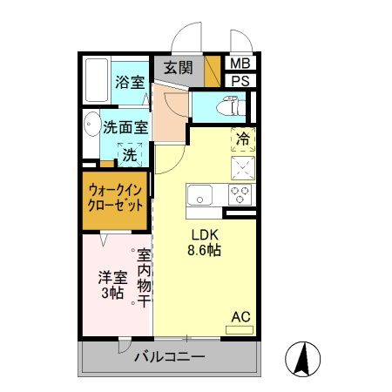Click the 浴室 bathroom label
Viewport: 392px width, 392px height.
(x=130, y=84)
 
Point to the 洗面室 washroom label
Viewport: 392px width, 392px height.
(x=125, y=126)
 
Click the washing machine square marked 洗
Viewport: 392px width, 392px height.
(x=129, y=156)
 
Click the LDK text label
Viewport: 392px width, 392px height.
(x=206, y=234)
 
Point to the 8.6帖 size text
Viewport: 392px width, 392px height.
(x=206, y=251)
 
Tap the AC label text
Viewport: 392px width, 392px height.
(x=240, y=317)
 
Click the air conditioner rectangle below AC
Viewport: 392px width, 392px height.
(x=240, y=329)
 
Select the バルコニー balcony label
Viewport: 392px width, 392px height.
(x=169, y=357)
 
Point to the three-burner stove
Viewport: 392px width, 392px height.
(x=240, y=193)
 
